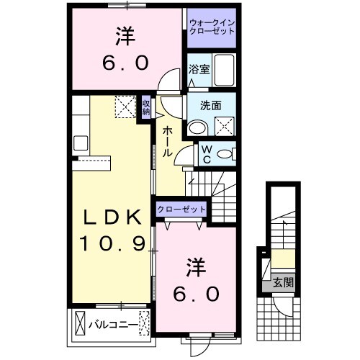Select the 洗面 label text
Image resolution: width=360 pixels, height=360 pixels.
(x=199, y=104)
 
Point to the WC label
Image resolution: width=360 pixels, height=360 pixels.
(x=205, y=154)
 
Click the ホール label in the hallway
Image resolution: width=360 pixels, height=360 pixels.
(x=166, y=140)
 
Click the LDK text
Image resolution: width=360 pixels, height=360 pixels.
(x=112, y=217)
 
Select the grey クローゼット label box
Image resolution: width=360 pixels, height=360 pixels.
(x=181, y=210)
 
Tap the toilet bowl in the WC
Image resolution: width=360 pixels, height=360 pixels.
(x=225, y=153)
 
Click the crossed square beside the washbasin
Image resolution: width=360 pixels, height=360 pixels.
(x=225, y=125)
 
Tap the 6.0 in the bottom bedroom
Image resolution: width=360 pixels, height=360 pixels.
(x=195, y=294)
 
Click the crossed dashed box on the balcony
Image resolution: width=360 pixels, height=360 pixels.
(x=145, y=324)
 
